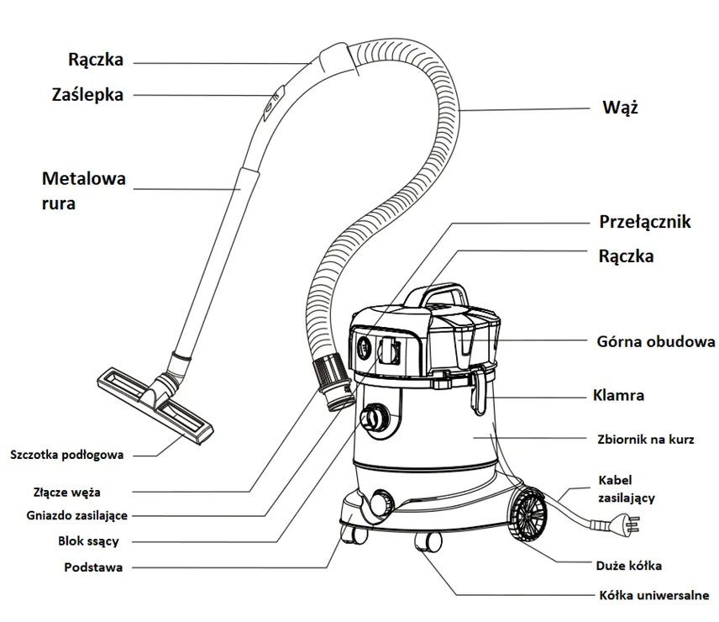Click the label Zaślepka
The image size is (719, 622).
[x=87, y=95]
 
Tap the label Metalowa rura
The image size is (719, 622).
[x=83, y=190]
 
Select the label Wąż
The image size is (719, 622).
[x=621, y=108]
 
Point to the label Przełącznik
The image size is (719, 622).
[x=644, y=222]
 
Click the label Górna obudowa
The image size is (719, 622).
[x=656, y=341]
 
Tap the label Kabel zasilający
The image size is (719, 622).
[x=627, y=488]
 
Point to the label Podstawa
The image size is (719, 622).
[x=93, y=567]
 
